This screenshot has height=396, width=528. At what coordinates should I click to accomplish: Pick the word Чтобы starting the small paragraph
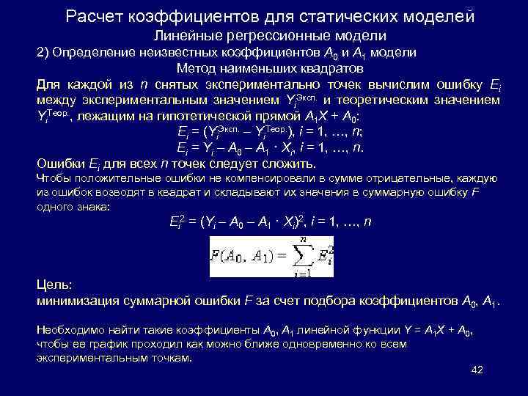click(54, 178)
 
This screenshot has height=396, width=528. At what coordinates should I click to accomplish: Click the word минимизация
click(81, 301)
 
